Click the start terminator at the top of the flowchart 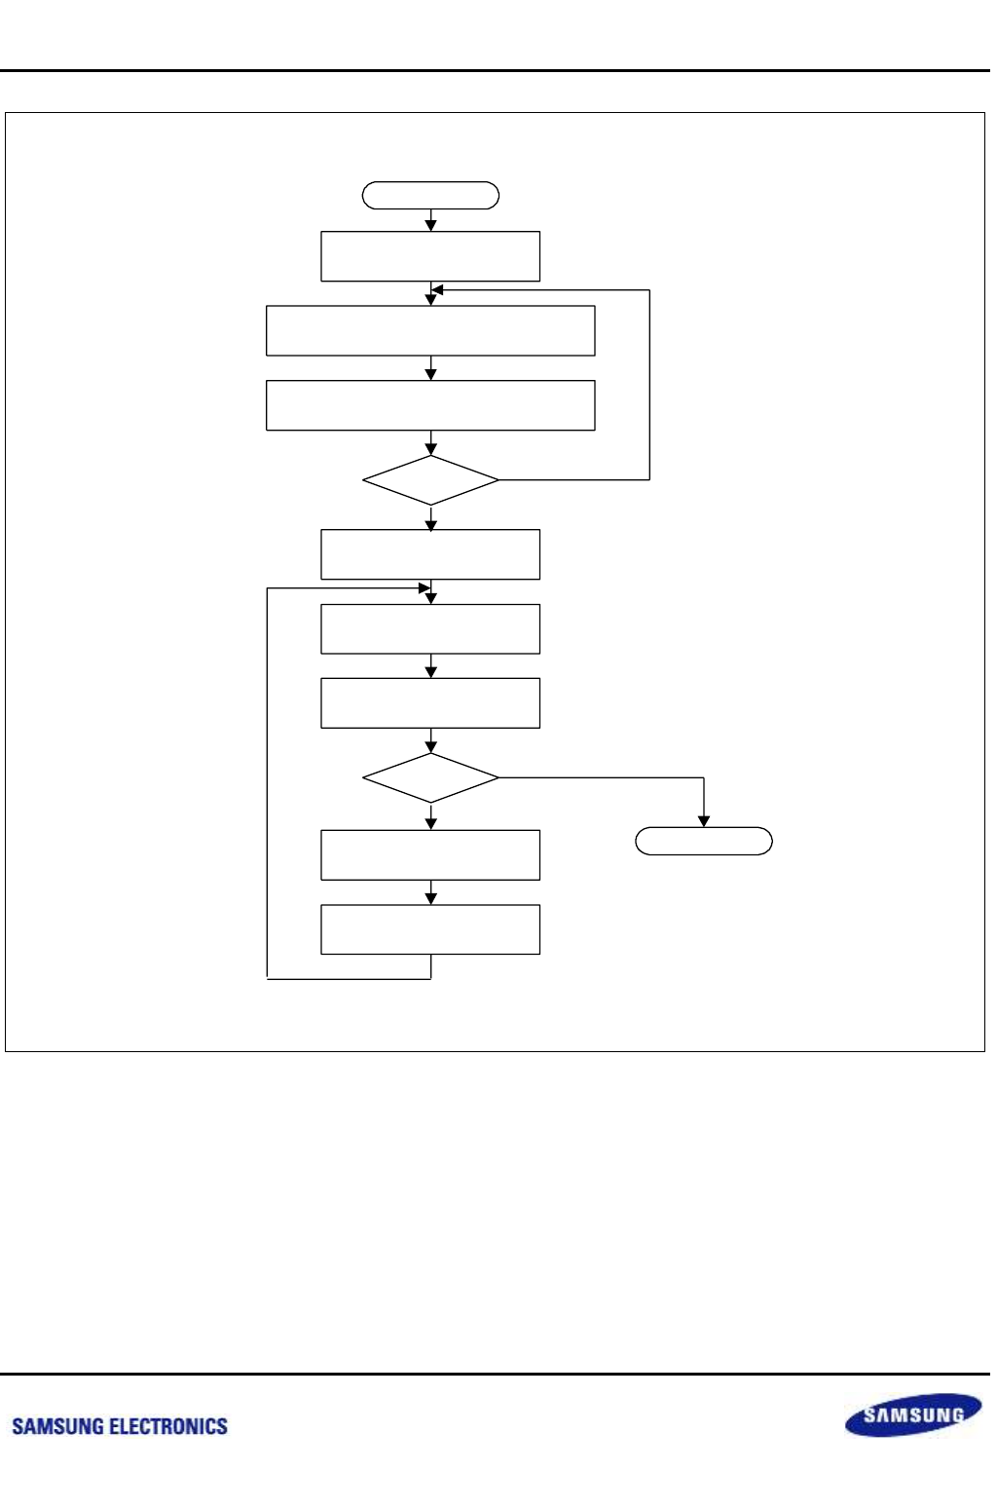[430, 196]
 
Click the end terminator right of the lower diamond [704, 841]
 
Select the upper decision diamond [430, 480]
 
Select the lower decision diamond [430, 777]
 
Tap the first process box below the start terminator [430, 256]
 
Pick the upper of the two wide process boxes [430, 331]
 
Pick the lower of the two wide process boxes [430, 405]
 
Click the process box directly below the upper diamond [430, 554]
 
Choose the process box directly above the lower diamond [430, 703]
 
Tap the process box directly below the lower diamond [430, 855]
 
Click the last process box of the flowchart [430, 929]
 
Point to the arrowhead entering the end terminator [704, 821]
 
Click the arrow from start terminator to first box [430, 220]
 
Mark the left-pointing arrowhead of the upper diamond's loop [437, 289]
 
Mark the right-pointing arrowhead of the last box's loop [425, 588]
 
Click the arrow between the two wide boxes [430, 368]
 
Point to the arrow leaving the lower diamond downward [430, 816]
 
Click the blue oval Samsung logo [912, 1415]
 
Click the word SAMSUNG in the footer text [57, 1426]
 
